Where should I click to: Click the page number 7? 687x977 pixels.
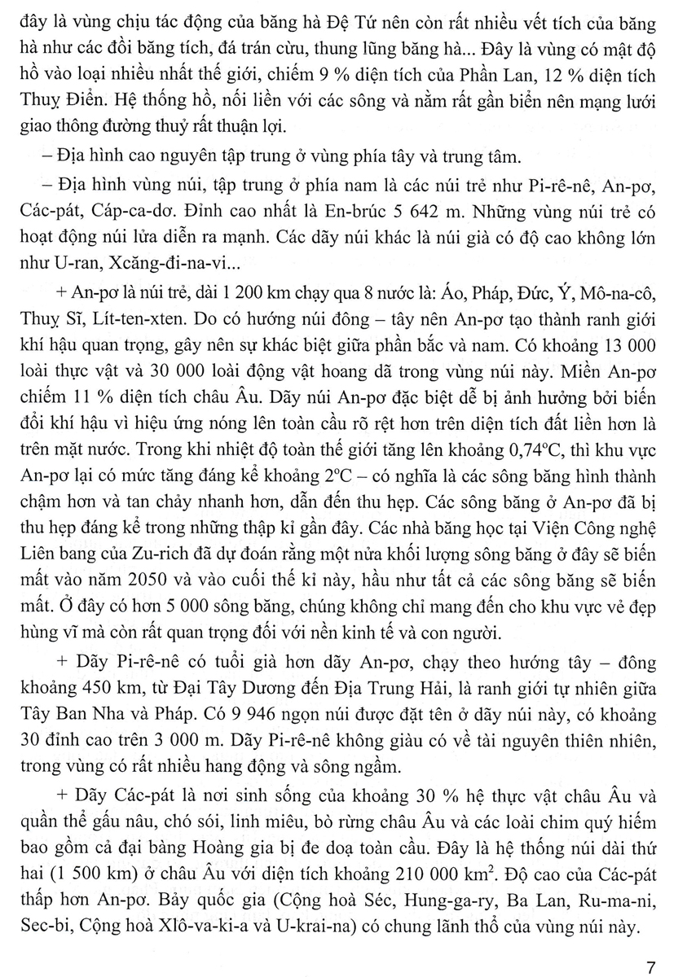[x=650, y=946]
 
